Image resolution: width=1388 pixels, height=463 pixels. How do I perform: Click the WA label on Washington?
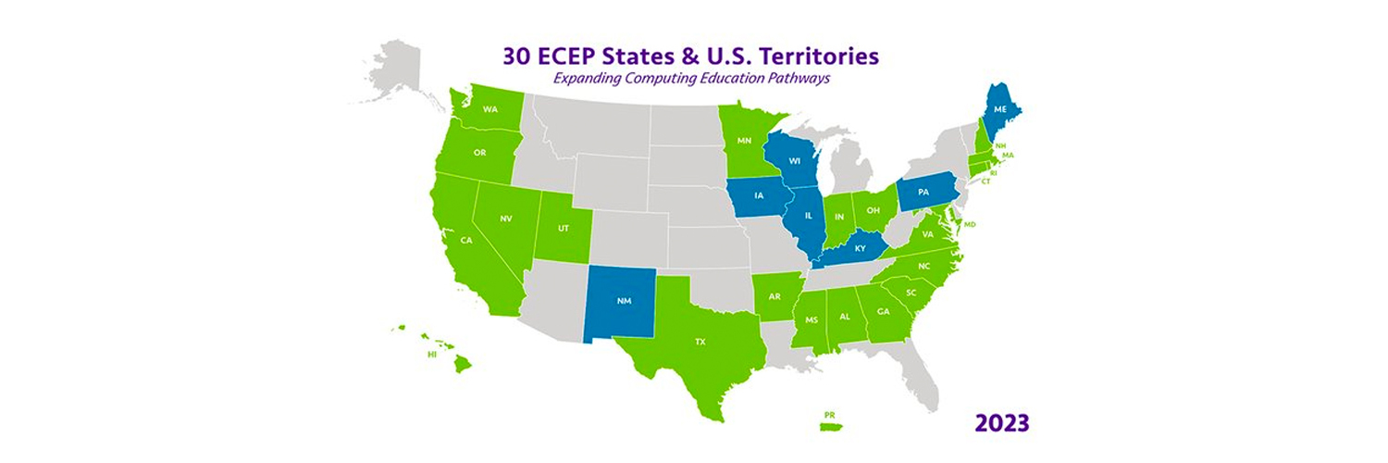(490, 109)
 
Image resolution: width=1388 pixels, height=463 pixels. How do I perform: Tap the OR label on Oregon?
(479, 153)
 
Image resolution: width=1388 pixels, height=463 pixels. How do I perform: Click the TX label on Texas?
(700, 342)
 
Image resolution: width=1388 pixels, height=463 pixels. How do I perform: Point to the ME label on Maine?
(999, 109)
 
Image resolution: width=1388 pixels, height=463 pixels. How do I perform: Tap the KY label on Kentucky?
(861, 248)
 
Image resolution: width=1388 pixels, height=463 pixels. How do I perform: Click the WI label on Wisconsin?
(794, 160)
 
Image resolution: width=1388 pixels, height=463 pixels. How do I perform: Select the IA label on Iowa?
(760, 195)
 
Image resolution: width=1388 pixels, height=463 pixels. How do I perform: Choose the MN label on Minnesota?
(744, 142)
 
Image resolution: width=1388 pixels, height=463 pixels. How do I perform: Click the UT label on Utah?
(563, 227)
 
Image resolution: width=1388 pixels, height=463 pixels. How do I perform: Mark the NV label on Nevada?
(506, 219)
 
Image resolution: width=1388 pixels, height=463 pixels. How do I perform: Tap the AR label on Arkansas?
(775, 297)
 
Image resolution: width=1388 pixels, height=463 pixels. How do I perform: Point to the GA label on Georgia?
(883, 311)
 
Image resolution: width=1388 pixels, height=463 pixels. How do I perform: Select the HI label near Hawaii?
(432, 355)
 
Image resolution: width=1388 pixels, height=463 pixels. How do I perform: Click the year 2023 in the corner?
(1002, 423)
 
